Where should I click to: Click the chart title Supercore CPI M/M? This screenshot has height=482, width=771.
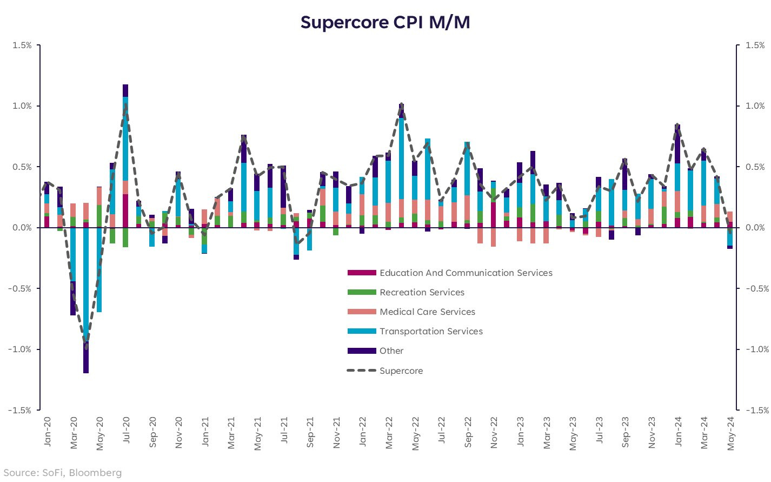pyautogui.click(x=385, y=23)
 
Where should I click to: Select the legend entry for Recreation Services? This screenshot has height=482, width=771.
pyautogui.click(x=422, y=293)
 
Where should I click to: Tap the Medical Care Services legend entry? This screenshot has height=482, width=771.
pyautogui.click(x=427, y=312)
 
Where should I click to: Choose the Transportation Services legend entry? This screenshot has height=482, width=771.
pyautogui.click(x=431, y=332)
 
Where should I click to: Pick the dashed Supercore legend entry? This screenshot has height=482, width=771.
pyautogui.click(x=401, y=371)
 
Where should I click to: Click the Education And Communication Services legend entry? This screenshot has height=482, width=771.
pyautogui.click(x=466, y=273)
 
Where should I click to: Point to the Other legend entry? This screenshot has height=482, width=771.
pyautogui.click(x=391, y=351)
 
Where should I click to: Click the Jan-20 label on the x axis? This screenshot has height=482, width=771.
pyautogui.click(x=47, y=432)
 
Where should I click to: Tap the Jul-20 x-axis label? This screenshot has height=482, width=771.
pyautogui.click(x=126, y=432)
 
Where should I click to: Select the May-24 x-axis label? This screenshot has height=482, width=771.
pyautogui.click(x=730, y=433)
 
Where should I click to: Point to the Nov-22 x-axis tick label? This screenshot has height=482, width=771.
pyautogui.click(x=494, y=433)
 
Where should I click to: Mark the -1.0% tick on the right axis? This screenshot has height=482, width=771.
pyautogui.click(x=753, y=349)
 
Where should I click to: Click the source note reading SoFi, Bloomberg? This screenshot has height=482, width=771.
pyautogui.click(x=63, y=473)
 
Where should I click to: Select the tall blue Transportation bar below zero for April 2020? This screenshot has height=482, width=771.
pyautogui.click(x=86, y=281)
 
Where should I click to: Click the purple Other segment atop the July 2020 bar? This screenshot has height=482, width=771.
pyautogui.click(x=125, y=90)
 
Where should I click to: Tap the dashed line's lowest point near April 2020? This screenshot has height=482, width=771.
pyautogui.click(x=86, y=345)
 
